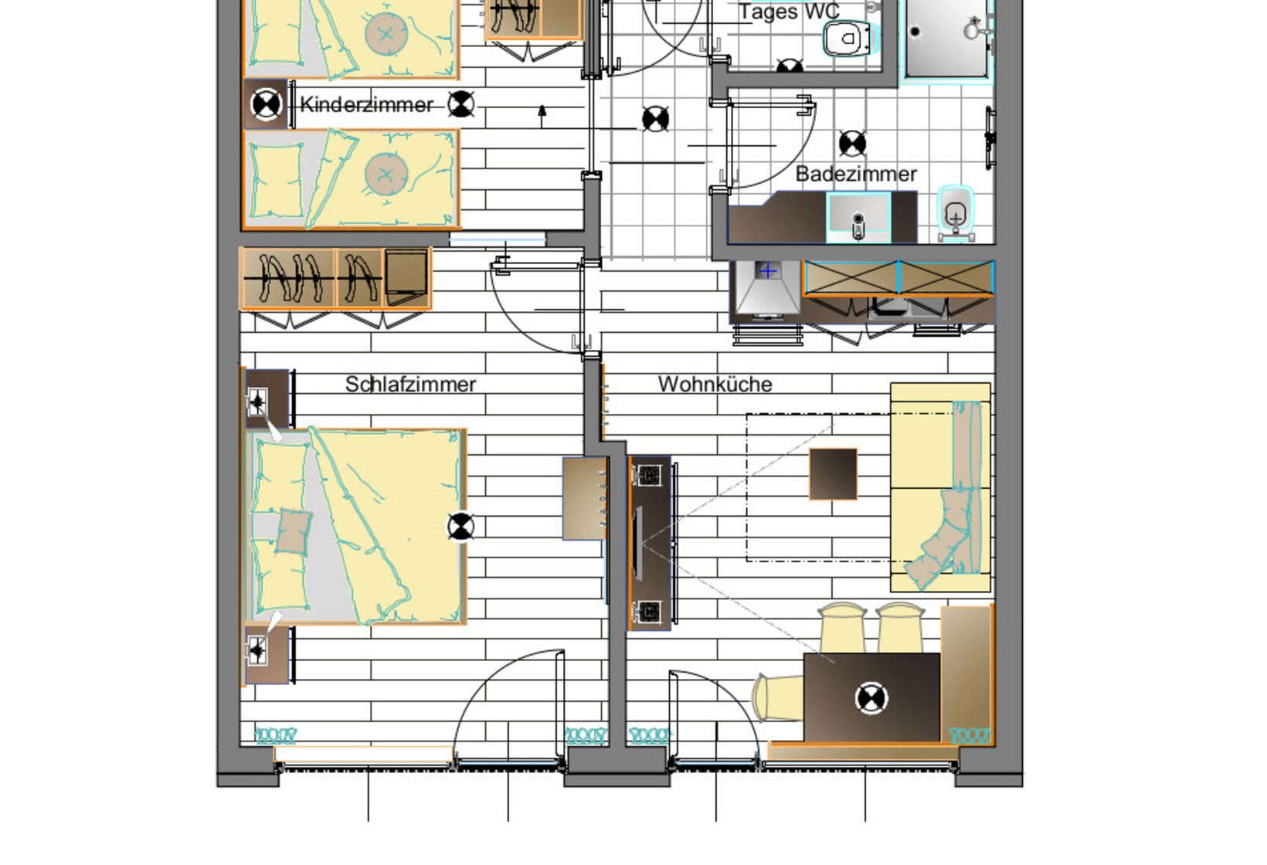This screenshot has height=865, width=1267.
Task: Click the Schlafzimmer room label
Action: click(x=410, y=384)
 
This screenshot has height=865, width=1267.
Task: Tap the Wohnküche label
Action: click(x=715, y=384)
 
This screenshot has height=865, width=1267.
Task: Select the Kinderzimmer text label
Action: click(x=366, y=104)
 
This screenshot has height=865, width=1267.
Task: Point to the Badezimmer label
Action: click(x=856, y=174)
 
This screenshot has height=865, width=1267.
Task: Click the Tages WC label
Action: click(x=788, y=12)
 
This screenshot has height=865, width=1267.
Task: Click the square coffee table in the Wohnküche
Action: click(x=833, y=473)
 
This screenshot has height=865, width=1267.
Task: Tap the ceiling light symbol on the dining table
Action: click(x=871, y=698)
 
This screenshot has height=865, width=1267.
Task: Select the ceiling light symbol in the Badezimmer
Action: click(x=852, y=143)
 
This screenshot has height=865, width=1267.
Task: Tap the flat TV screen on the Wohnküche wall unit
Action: click(x=637, y=542)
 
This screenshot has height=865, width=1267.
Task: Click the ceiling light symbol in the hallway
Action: click(x=656, y=119)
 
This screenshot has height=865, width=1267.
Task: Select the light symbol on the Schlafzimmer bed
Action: click(x=460, y=527)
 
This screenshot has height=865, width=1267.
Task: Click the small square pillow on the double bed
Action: click(x=293, y=531)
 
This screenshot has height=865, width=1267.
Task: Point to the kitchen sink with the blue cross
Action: click(x=767, y=272)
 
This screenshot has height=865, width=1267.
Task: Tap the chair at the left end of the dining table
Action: click(x=777, y=697)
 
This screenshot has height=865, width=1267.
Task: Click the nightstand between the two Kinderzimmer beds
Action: click(x=267, y=104)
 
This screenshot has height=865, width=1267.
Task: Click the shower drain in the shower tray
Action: click(x=915, y=32)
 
